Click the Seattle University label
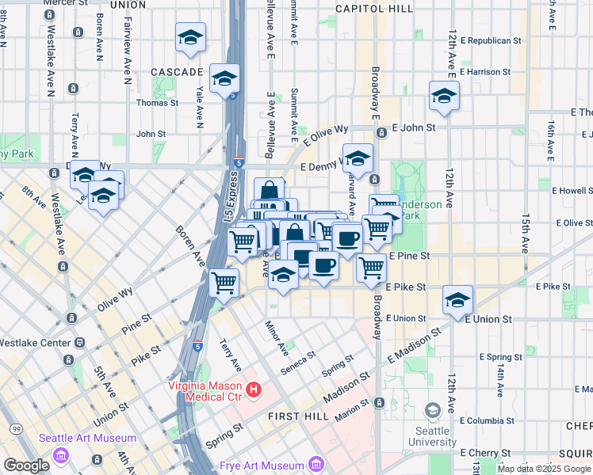coord(433,436)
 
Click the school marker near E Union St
coord(457,300)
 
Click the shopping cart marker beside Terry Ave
coord(225,281)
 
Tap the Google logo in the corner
coord(26,465)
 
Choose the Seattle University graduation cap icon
coord(433,411)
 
